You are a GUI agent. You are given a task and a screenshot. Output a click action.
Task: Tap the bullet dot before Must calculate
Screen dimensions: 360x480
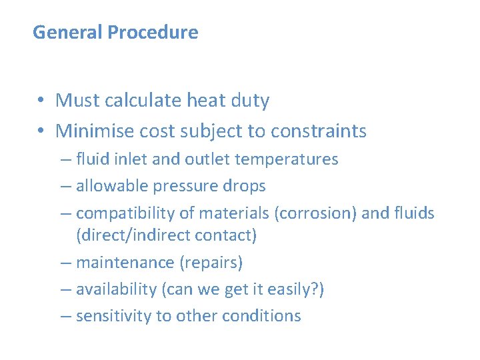[x=41, y=101]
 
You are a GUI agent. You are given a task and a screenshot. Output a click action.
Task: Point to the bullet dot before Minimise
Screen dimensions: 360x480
[x=41, y=131]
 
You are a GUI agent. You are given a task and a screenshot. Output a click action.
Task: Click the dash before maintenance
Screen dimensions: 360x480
[x=65, y=263]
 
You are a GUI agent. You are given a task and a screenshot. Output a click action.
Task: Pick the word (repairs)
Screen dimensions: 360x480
[x=211, y=263]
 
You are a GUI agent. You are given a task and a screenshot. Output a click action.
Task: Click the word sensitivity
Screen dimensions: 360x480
[x=114, y=316]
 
